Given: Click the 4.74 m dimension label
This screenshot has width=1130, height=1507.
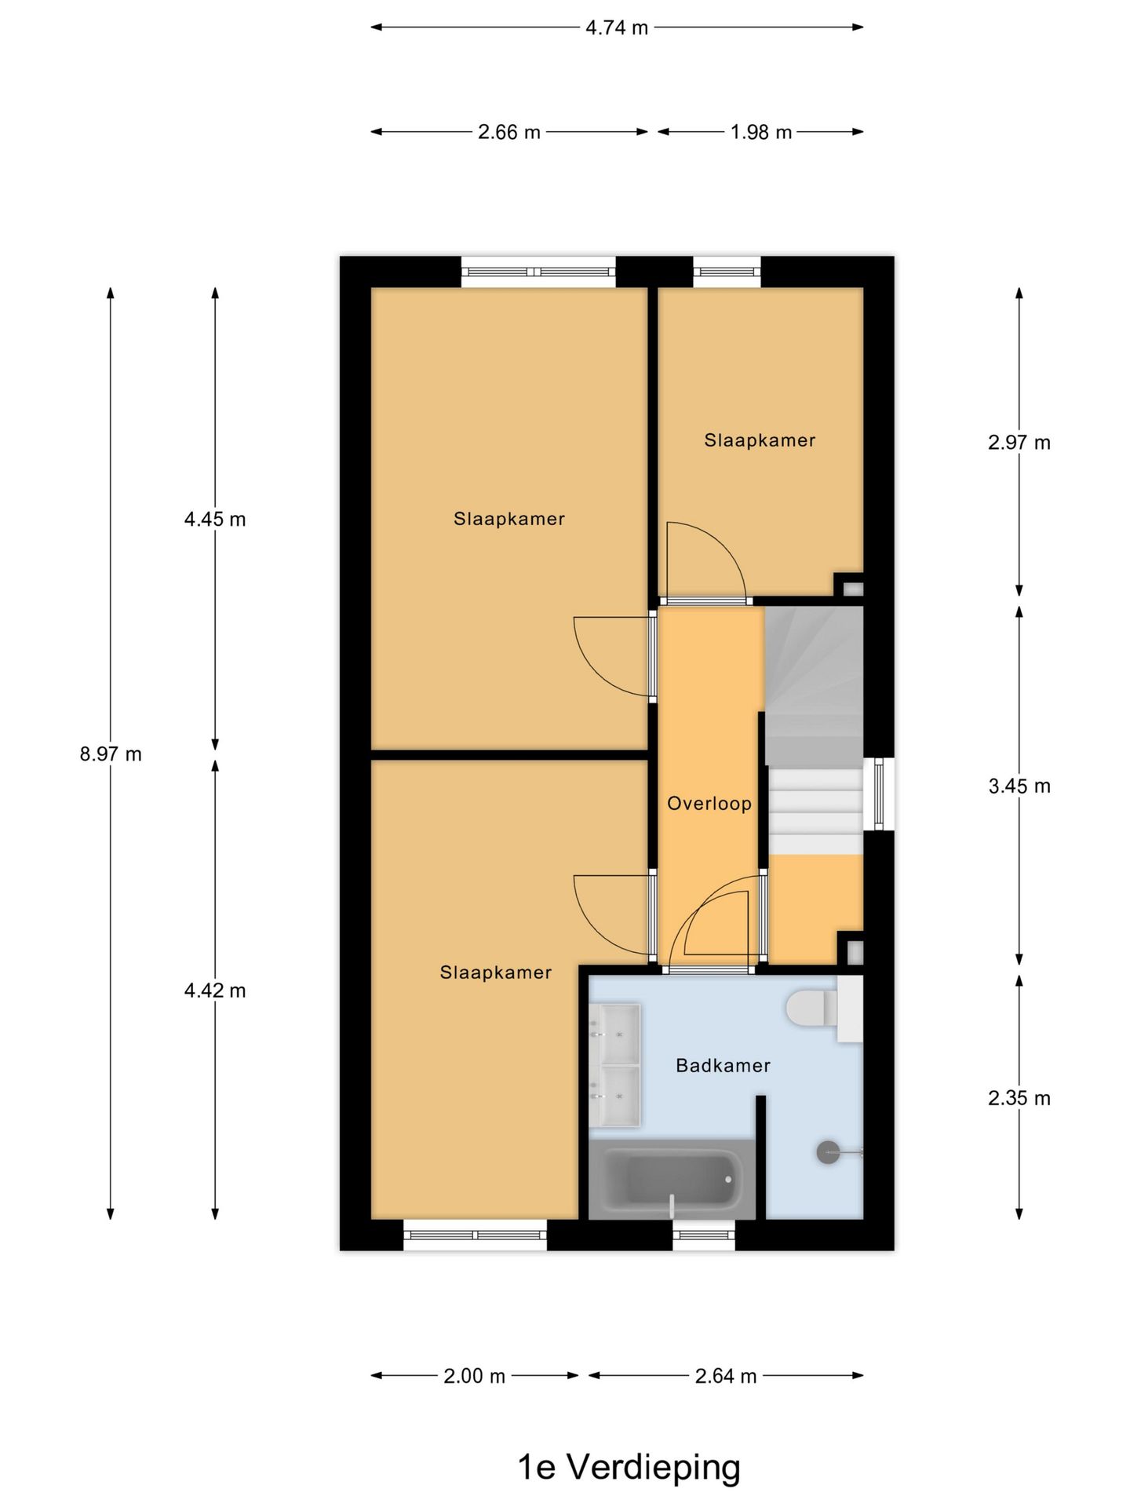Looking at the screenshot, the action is click(617, 27).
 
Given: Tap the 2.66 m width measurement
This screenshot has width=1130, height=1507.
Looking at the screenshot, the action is click(509, 132).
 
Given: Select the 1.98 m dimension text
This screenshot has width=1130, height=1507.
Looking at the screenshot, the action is click(761, 132).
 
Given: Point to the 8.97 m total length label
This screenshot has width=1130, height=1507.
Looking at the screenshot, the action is click(111, 754).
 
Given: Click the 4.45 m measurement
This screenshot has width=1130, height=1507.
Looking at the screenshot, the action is click(215, 519).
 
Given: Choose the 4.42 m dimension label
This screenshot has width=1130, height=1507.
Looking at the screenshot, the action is click(215, 991).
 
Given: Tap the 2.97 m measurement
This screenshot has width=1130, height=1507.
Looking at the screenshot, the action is click(1019, 443).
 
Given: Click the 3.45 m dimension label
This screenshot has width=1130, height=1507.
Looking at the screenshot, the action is click(1019, 786).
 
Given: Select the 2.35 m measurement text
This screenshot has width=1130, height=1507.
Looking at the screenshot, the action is click(1019, 1098).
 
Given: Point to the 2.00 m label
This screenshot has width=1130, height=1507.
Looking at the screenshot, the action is click(475, 1376).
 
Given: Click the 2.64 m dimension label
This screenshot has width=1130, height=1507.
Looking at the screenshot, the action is click(726, 1376).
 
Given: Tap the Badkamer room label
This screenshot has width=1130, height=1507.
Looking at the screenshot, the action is click(723, 1065).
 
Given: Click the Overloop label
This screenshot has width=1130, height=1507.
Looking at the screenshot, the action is click(709, 803).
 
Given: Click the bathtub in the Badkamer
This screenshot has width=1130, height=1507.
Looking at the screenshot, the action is click(672, 1180).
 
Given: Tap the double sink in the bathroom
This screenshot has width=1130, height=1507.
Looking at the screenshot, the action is click(614, 1065).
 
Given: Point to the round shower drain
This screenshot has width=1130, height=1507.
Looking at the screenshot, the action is click(828, 1151).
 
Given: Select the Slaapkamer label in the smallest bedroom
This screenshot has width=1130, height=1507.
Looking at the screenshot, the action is click(760, 440).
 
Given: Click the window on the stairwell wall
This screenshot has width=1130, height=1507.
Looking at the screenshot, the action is click(878, 793).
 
